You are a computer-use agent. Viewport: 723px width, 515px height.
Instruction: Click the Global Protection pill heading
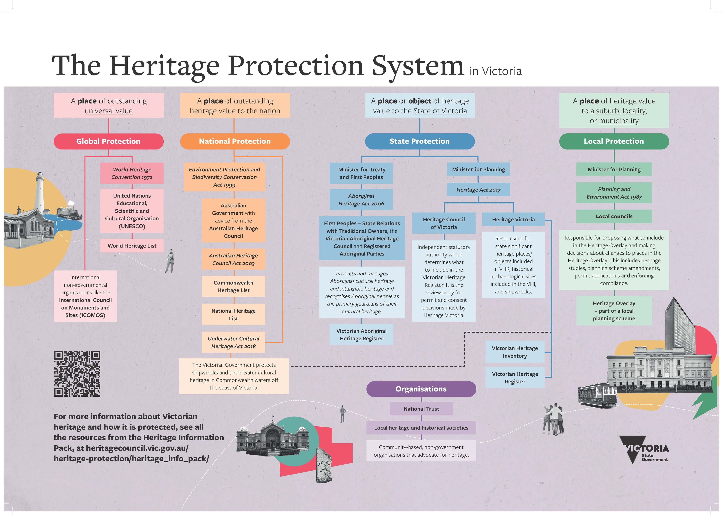point(108,141)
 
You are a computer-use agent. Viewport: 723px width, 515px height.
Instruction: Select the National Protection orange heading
point(235,141)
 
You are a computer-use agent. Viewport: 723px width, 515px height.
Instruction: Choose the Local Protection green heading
point(614,141)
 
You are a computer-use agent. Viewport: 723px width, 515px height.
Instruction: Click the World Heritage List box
point(132,246)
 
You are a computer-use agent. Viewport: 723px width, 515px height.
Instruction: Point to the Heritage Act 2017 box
point(478,190)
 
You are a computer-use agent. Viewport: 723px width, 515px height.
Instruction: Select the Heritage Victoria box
point(513,219)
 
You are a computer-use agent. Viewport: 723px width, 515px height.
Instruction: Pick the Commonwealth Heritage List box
point(233,286)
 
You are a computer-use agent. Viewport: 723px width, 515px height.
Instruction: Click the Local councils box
point(614,216)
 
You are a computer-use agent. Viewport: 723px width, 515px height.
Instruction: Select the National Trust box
point(421,409)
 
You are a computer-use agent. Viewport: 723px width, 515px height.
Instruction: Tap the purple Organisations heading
point(421,389)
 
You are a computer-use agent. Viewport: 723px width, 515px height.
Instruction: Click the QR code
point(77,374)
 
